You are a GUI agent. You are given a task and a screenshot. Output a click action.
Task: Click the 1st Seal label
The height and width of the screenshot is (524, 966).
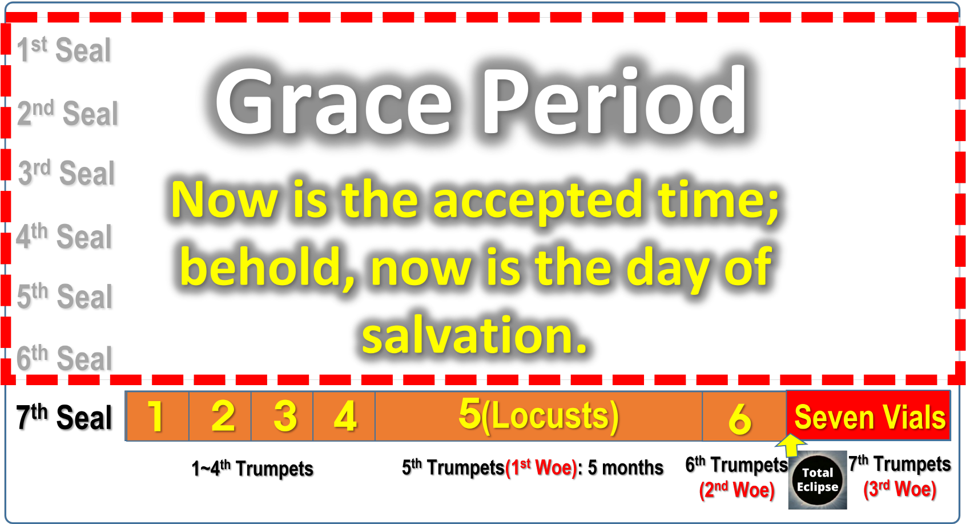pyautogui.click(x=64, y=49)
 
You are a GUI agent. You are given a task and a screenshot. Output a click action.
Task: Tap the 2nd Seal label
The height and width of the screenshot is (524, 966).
pyautogui.click(x=68, y=113)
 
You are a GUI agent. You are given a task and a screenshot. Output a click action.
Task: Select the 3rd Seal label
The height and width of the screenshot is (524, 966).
pyautogui.click(x=66, y=172)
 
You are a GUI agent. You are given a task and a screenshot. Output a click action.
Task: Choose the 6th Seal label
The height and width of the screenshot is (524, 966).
pyautogui.click(x=65, y=357)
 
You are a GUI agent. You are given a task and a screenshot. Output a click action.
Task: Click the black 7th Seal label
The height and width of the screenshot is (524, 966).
pyautogui.click(x=64, y=417)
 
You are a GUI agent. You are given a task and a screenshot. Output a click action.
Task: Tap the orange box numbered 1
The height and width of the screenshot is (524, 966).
pyautogui.click(x=157, y=416)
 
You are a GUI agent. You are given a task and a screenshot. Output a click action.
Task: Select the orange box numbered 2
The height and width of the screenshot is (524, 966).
pyautogui.click(x=220, y=416)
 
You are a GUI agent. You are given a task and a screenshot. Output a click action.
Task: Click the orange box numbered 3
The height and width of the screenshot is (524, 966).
pyautogui.click(x=282, y=416)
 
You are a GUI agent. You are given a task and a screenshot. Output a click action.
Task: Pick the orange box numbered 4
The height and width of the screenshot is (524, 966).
pyautogui.click(x=344, y=416)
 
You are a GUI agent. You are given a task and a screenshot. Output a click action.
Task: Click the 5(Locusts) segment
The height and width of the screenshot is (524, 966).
pyautogui.click(x=538, y=416)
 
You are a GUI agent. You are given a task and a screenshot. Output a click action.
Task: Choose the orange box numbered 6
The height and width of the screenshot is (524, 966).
pyautogui.click(x=744, y=416)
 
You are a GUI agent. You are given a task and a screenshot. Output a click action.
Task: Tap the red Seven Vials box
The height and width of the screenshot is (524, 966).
pyautogui.click(x=868, y=415)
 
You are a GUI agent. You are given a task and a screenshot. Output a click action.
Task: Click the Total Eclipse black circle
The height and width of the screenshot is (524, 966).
pyautogui.click(x=817, y=480)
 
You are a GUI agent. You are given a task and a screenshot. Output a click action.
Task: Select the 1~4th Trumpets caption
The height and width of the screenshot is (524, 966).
pyautogui.click(x=252, y=468)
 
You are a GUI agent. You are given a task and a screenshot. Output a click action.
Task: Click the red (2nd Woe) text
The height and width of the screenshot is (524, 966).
pyautogui.click(x=737, y=490)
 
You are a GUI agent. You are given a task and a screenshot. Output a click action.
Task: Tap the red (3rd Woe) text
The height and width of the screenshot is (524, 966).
pyautogui.click(x=900, y=489)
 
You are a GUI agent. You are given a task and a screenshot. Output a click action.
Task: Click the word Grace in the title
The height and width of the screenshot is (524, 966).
pyautogui.click(x=333, y=102)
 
